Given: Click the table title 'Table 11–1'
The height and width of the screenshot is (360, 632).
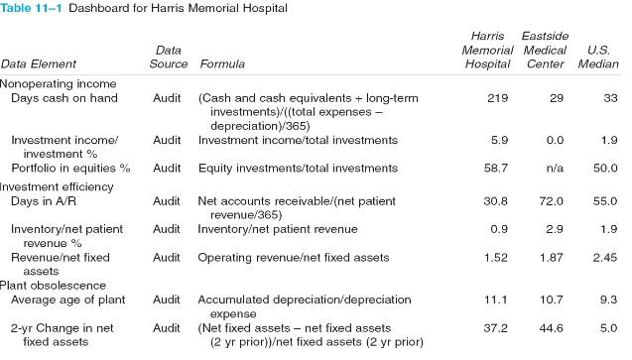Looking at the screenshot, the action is pyautogui.click(x=37, y=9).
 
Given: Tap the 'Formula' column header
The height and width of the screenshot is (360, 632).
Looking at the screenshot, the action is pyautogui.click(x=222, y=64).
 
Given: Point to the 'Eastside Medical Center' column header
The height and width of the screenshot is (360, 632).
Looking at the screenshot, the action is pyautogui.click(x=544, y=50).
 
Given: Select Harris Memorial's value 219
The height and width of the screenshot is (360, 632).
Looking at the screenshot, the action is pyautogui.click(x=498, y=98).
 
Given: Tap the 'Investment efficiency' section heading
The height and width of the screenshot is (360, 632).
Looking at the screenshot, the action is pyautogui.click(x=59, y=186).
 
